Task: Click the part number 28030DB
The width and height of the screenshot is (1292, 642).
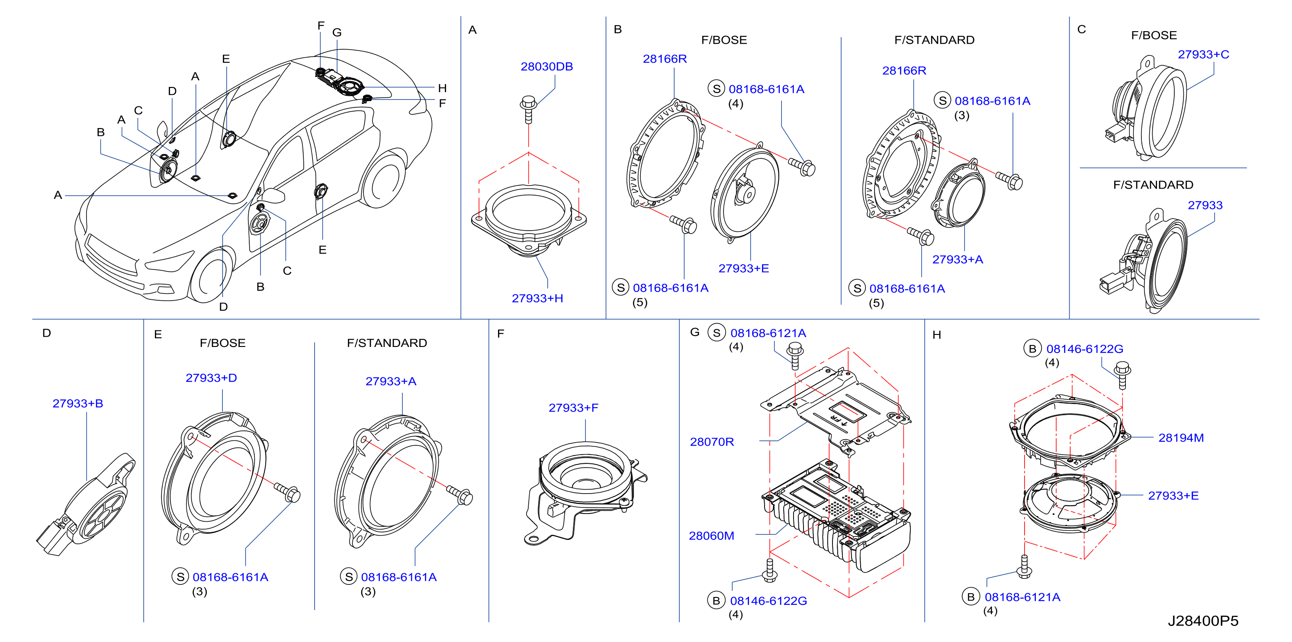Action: pyautogui.click(x=546, y=67)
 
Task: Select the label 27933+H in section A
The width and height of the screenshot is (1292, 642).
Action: pyautogui.click(x=537, y=299)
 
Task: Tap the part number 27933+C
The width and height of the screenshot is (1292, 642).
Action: pyautogui.click(x=1203, y=54)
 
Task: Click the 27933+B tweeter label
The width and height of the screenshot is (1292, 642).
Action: pyautogui.click(x=78, y=403)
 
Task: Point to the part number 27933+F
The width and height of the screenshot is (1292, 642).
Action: pyautogui.click(x=573, y=408)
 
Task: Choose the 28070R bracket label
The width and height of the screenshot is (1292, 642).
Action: pyautogui.click(x=712, y=442)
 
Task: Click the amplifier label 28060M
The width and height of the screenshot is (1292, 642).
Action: pyautogui.click(x=711, y=536)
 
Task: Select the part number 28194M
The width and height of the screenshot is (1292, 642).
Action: pyautogui.click(x=1181, y=438)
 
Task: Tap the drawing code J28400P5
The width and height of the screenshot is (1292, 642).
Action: pyautogui.click(x=1203, y=621)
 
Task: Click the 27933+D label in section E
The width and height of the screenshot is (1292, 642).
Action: pyautogui.click(x=211, y=378)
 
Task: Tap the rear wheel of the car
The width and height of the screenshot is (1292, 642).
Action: pyautogui.click(x=384, y=179)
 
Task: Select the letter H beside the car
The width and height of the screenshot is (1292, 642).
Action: pyautogui.click(x=442, y=88)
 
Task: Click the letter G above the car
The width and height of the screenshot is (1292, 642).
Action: pyautogui.click(x=337, y=32)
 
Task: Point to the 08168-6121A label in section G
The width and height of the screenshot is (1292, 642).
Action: pyautogui.click(x=768, y=333)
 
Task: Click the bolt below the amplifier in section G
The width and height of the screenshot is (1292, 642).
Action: pyautogui.click(x=769, y=570)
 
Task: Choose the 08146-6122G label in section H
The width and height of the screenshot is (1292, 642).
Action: pyautogui.click(x=1084, y=349)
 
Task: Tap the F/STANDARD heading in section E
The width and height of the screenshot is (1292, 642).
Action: pyautogui.click(x=387, y=343)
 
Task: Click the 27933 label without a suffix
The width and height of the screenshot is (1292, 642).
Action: pyautogui.click(x=1205, y=205)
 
